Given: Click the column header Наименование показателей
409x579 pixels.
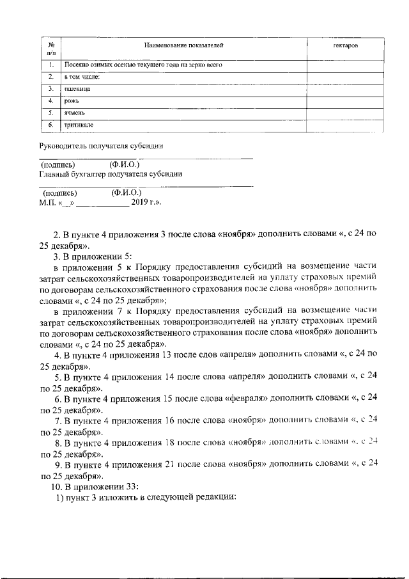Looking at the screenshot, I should coord(184,46).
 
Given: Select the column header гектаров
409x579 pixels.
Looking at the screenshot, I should coord(346,47).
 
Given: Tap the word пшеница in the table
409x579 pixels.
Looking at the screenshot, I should coord(77,89).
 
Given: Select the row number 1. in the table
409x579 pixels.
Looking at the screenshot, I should coord(50,65).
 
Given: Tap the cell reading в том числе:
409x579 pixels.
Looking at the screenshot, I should coord(82,77).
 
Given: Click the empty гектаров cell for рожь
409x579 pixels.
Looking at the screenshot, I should coord(346,101).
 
